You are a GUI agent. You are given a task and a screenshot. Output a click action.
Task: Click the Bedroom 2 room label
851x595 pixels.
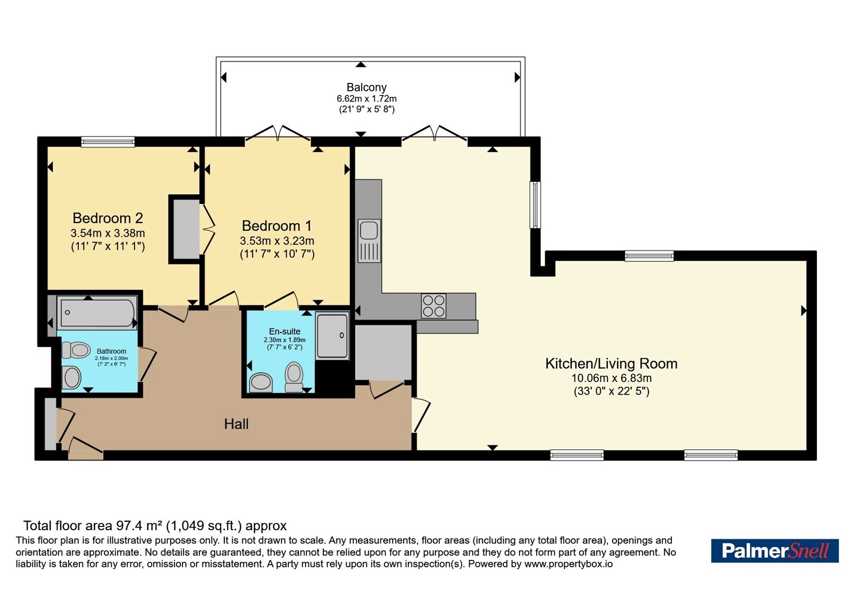click(108, 218)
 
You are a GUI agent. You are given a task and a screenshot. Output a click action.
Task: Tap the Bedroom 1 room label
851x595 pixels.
click(277, 226)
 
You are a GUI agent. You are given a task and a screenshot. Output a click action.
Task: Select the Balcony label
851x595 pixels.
click(366, 88)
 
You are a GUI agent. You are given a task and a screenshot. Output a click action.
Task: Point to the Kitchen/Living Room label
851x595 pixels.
click(611, 363)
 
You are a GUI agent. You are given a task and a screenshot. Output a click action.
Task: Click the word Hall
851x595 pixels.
click(236, 424)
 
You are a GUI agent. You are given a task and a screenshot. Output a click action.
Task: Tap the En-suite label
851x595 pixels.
click(285, 331)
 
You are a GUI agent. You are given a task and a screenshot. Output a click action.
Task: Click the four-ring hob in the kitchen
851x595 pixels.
click(433, 306)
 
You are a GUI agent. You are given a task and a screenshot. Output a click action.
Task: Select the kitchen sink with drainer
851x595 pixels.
click(369, 241)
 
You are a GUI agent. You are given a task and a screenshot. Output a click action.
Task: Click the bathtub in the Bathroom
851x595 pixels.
click(98, 313)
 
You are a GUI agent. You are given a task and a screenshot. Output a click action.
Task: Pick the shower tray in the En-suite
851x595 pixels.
click(332, 335)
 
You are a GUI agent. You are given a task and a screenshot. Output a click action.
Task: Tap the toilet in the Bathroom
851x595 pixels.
click(76, 350)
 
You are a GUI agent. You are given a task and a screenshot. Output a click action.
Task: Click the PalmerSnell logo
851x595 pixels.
click(774, 550)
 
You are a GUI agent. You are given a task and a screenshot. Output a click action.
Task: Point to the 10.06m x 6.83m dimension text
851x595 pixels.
click(612, 378)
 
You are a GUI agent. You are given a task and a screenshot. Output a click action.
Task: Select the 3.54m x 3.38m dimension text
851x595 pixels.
click(108, 233)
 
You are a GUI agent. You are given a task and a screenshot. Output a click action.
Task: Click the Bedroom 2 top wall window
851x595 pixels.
click(108, 142)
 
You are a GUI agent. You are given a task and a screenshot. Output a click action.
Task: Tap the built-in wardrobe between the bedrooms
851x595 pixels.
click(186, 229)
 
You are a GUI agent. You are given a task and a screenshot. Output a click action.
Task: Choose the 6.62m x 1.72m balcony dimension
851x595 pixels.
click(366, 99)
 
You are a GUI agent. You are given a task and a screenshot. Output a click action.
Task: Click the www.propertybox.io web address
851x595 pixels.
click(569, 564)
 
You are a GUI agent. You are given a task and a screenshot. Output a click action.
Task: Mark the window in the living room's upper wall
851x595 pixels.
click(649, 256)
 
